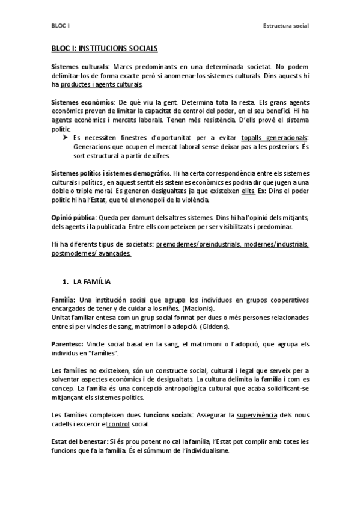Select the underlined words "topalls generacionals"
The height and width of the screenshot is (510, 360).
click(277, 138)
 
